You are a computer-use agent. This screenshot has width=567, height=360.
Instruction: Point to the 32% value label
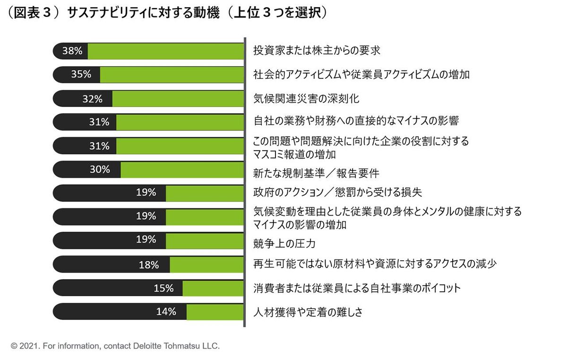tap(92, 99)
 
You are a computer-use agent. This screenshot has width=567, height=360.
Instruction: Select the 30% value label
tap(100, 169)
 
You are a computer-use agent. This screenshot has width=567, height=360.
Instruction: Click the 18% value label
tap(149, 265)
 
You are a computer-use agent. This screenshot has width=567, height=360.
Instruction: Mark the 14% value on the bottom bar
tap(166, 312)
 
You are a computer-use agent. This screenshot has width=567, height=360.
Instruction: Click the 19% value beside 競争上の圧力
tap(146, 240)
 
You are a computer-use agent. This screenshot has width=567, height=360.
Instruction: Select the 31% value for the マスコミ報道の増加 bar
tap(99, 146)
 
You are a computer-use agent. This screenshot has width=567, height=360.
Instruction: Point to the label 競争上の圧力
tap(284, 244)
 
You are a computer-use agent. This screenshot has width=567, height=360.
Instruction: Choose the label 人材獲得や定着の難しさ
tap(308, 312)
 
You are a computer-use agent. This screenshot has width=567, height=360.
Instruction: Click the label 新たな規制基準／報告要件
tap(316, 173)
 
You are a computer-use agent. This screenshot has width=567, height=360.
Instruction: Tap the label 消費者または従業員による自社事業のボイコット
tap(357, 288)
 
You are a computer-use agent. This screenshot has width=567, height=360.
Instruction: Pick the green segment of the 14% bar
tap(215, 312)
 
